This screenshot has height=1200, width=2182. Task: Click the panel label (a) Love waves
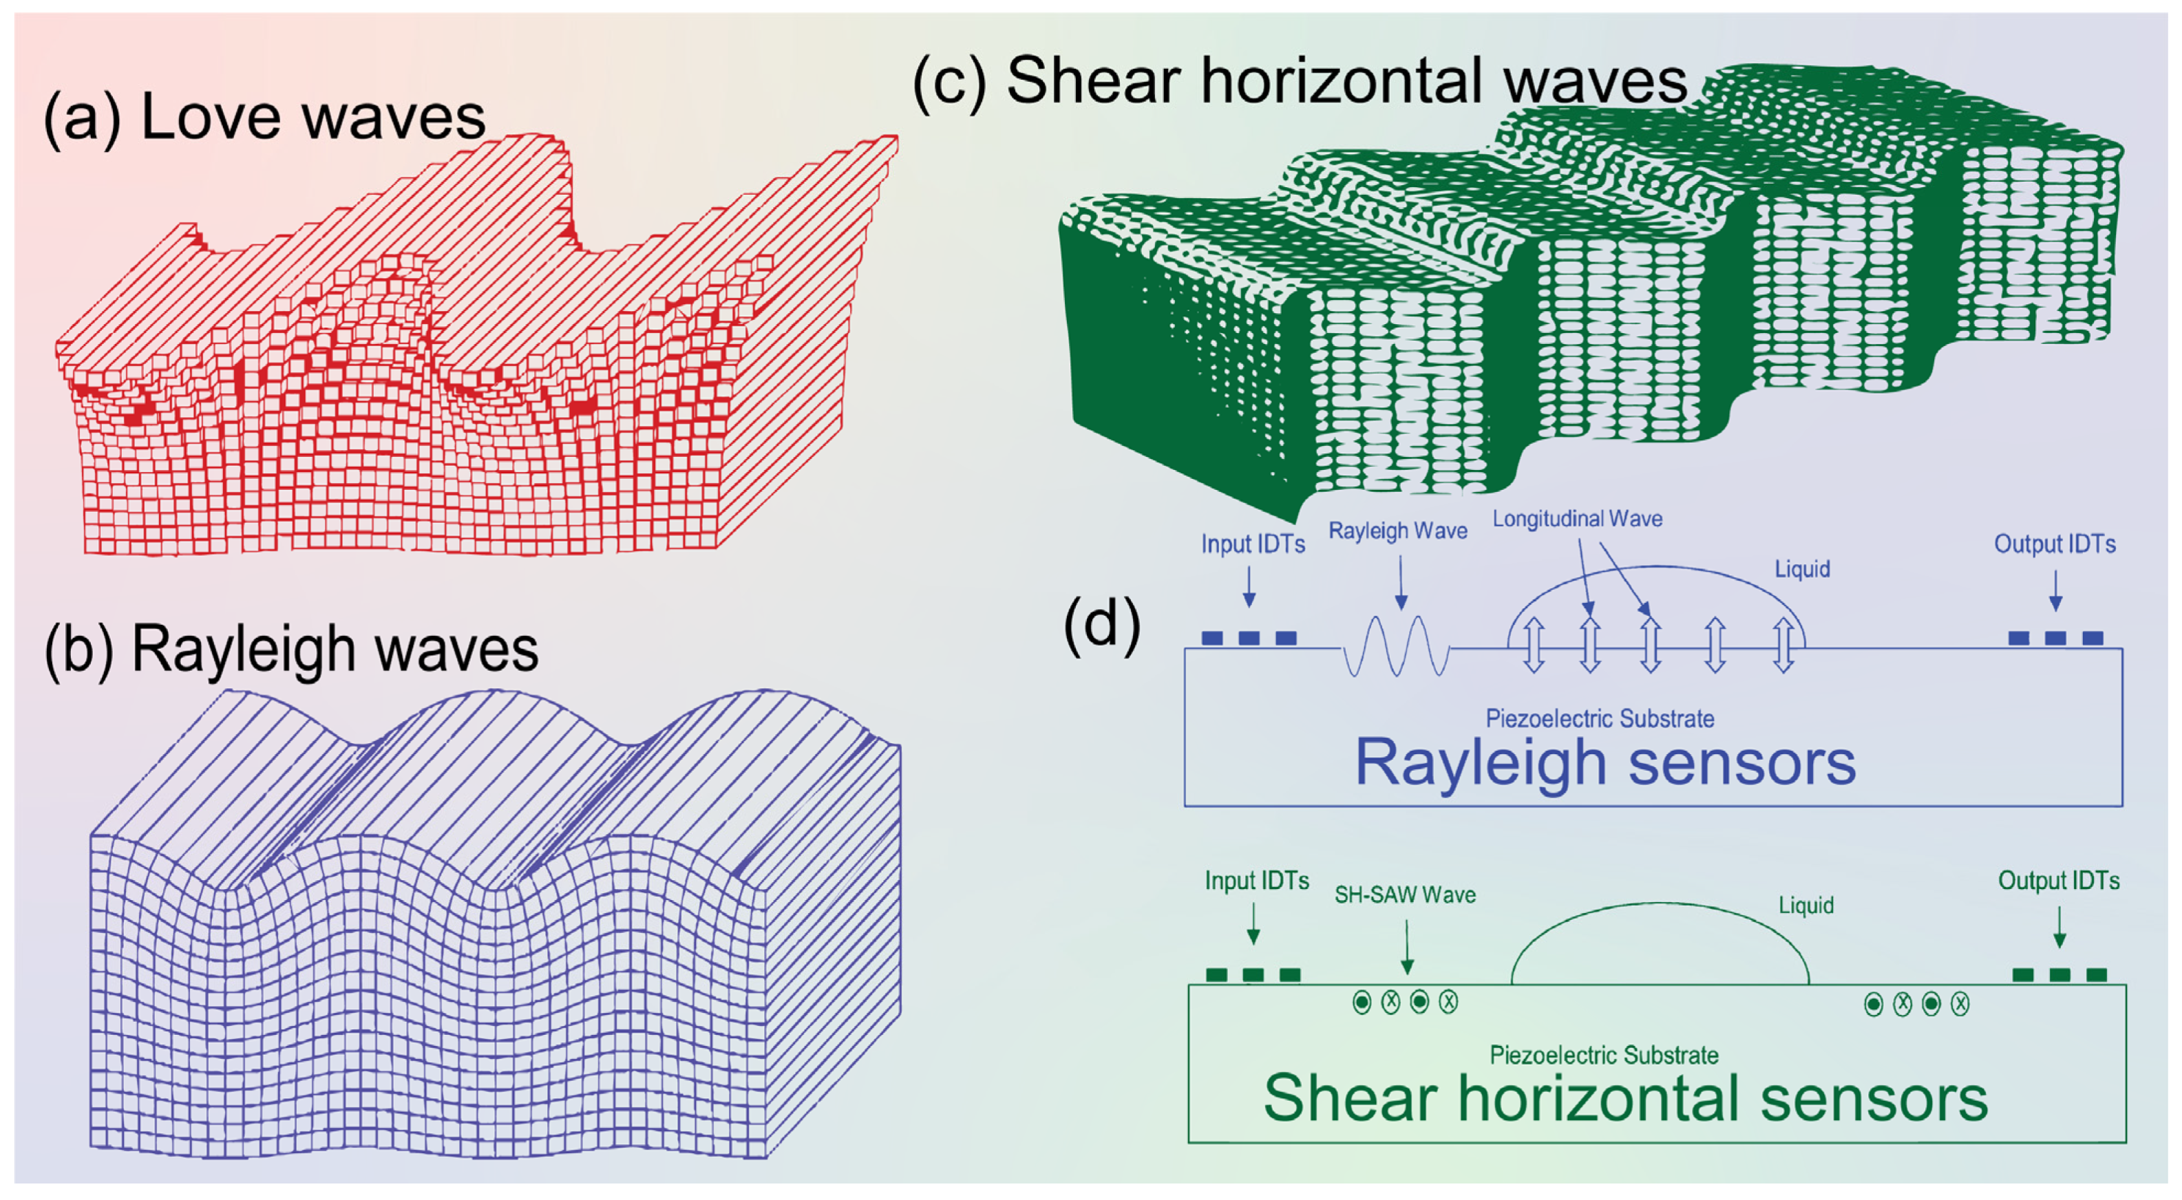click(264, 117)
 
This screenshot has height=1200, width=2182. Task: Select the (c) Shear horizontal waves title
click(1300, 81)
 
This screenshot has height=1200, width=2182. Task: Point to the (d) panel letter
click(1101, 626)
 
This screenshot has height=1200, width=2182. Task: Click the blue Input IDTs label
click(1253, 544)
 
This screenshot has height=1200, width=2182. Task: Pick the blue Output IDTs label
click(2054, 544)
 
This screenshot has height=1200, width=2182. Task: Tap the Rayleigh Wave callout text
click(1397, 531)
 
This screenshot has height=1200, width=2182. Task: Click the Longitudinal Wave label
click(1577, 518)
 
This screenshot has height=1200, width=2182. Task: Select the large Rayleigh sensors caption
click(1605, 762)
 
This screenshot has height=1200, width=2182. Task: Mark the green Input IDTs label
click(1257, 881)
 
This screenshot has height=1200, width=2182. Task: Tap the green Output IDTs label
click(2058, 881)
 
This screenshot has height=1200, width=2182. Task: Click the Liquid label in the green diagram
click(1806, 906)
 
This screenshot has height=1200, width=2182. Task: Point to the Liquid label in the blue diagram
click(1803, 568)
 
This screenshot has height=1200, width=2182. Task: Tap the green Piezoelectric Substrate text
click(1604, 1056)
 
